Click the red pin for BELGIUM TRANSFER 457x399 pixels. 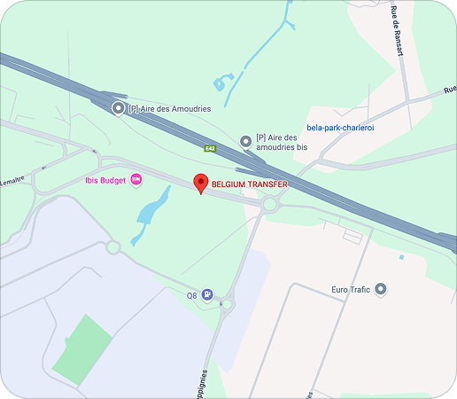click(201, 184)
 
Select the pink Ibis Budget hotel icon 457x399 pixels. click(136, 180)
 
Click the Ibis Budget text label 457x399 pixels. click(105, 180)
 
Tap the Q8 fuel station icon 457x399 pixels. click(206, 294)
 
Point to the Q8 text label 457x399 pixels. click(191, 295)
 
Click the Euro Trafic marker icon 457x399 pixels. click(381, 289)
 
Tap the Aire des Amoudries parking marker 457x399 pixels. click(118, 108)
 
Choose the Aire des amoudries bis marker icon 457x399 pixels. click(245, 141)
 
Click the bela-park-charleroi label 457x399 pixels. click(340, 127)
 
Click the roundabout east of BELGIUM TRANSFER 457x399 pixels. click(270, 205)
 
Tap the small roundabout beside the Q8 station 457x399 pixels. click(227, 305)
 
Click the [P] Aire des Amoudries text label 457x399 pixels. click(169, 108)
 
